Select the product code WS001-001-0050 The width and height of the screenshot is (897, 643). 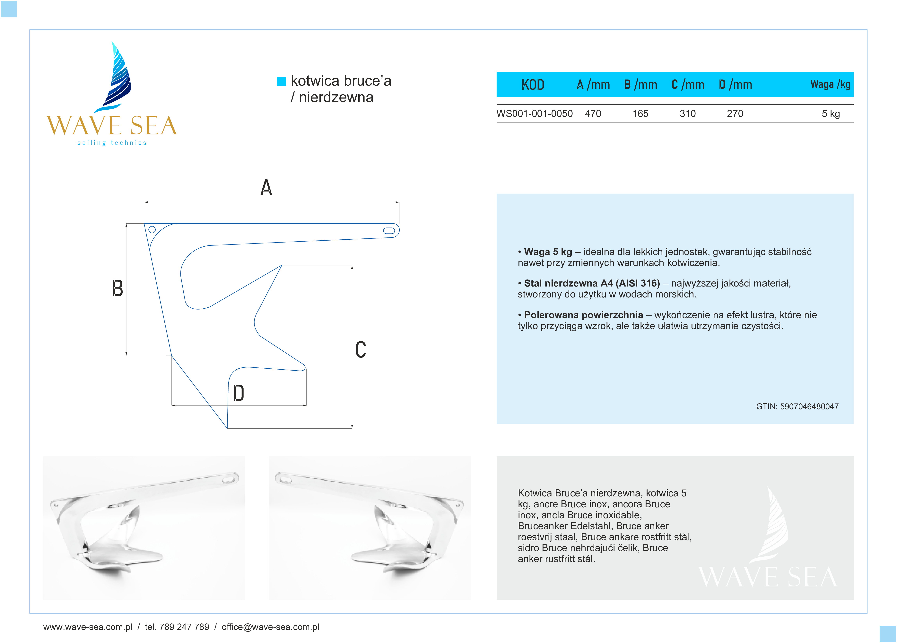(x=534, y=114)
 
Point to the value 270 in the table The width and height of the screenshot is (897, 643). (x=735, y=114)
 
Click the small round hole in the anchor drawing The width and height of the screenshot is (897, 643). (x=152, y=229)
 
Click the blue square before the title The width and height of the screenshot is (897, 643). (x=281, y=81)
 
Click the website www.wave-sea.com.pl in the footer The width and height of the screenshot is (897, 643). (x=88, y=627)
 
